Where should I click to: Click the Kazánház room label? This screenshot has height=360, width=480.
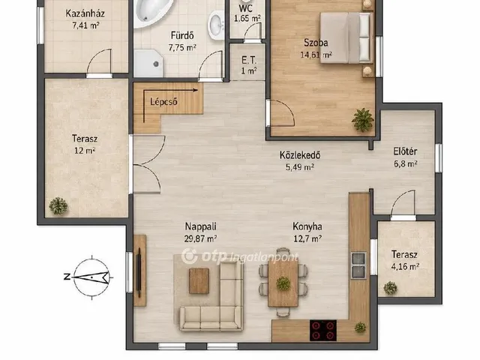pyautogui.click(x=85, y=13)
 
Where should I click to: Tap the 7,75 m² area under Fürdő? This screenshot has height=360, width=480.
pyautogui.click(x=182, y=47)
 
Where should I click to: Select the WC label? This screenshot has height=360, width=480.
pyautogui.click(x=246, y=7)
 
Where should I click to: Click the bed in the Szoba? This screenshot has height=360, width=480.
pyautogui.click(x=346, y=37)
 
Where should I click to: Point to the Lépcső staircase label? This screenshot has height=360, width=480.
pyautogui.click(x=163, y=102)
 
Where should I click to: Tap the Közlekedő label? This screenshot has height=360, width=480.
pyautogui.click(x=300, y=155)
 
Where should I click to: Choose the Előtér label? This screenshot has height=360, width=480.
pyautogui.click(x=405, y=151)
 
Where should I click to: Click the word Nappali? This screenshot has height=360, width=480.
pyautogui.click(x=200, y=226)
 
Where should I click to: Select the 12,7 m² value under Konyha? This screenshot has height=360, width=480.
pyautogui.click(x=307, y=238)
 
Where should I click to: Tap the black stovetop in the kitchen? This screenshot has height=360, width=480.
pyautogui.click(x=323, y=330)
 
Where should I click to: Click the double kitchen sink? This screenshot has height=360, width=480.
pyautogui.click(x=358, y=265)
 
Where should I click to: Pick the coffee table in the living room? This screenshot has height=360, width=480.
pyautogui.click(x=199, y=281)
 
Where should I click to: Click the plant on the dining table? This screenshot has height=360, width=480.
pyautogui.click(x=283, y=283)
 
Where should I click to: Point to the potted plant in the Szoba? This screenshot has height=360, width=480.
pyautogui.click(x=363, y=120)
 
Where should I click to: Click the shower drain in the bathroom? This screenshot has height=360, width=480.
pyautogui.click(x=156, y=64)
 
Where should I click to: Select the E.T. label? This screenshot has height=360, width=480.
pyautogui.click(x=248, y=60)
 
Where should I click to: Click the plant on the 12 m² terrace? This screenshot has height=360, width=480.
pyautogui.click(x=58, y=206)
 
